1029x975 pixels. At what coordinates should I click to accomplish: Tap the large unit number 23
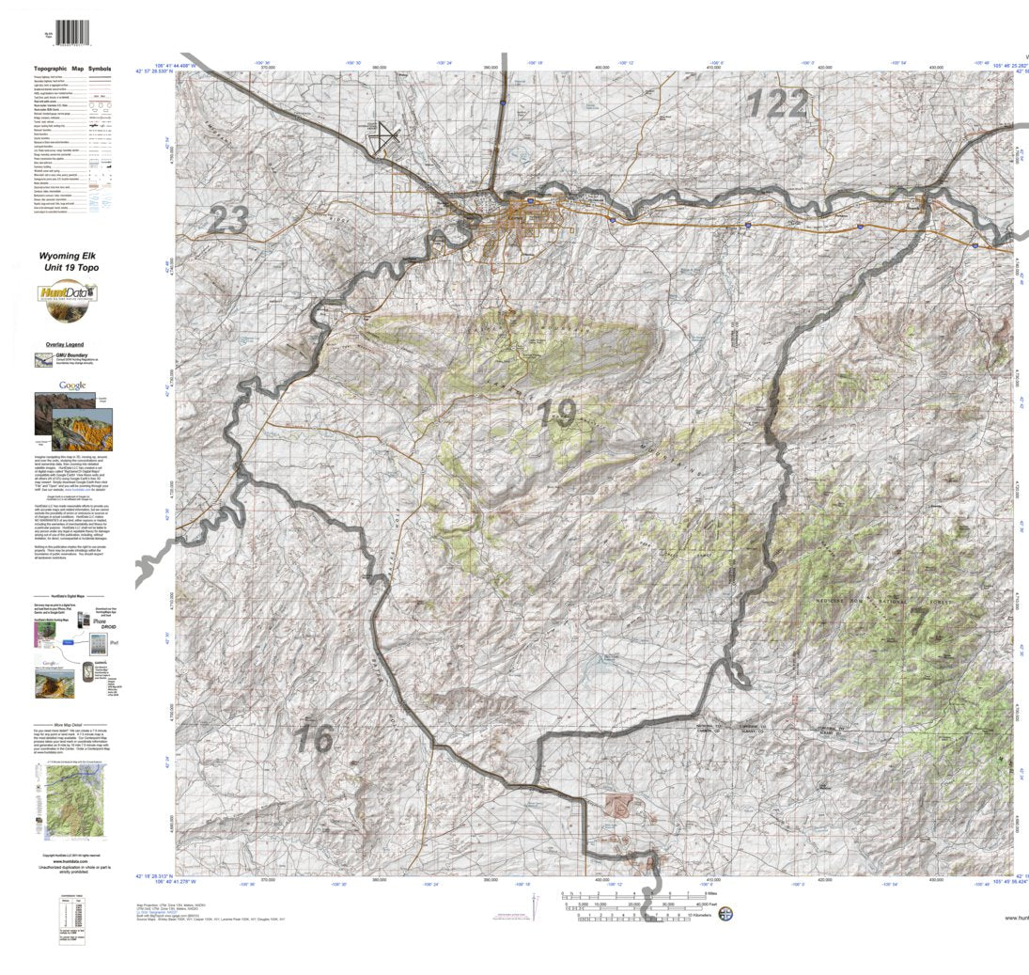pyautogui.click(x=227, y=221)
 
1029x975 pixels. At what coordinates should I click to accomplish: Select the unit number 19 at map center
pyautogui.click(x=558, y=414)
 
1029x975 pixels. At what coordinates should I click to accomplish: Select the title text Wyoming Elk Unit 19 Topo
pyautogui.click(x=73, y=261)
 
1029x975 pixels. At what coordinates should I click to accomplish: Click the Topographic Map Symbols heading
pyautogui.click(x=72, y=70)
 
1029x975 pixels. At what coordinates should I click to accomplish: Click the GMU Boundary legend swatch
pyautogui.click(x=43, y=359)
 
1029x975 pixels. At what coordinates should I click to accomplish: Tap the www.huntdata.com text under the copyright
pyautogui.click(x=71, y=860)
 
